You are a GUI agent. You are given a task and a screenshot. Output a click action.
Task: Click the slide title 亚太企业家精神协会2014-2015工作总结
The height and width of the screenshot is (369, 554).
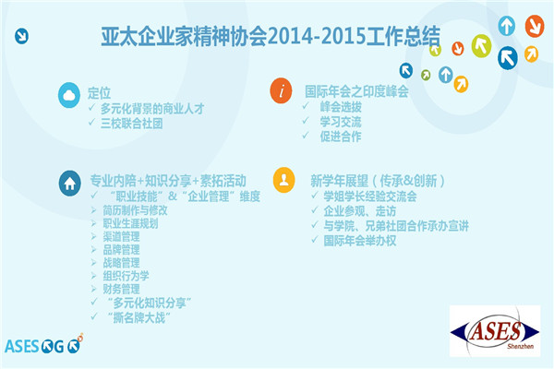[x=271, y=36]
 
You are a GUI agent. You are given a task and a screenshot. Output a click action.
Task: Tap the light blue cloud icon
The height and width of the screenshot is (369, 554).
[x=69, y=95]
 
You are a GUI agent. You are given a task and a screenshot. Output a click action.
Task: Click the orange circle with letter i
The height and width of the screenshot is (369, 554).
[x=282, y=90]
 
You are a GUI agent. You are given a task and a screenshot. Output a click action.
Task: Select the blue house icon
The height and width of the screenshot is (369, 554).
[x=70, y=184]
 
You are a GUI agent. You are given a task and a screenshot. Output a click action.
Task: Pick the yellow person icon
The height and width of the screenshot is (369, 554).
[x=284, y=180]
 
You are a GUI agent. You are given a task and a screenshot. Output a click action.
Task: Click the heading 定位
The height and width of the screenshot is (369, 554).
[x=100, y=93]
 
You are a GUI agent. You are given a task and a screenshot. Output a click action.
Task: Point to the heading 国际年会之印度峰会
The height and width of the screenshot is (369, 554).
[x=356, y=91]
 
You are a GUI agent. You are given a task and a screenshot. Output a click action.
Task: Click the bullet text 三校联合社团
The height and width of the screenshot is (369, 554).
[x=131, y=124]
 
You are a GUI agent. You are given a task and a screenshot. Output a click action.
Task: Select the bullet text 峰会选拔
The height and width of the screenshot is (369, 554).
[x=341, y=107]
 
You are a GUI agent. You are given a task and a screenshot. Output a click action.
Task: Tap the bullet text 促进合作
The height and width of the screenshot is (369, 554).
[x=341, y=137]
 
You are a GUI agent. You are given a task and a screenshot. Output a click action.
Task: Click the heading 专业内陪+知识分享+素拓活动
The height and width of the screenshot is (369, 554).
[x=168, y=181]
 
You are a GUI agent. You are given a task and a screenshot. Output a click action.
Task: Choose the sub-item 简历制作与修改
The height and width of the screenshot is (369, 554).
[x=135, y=210]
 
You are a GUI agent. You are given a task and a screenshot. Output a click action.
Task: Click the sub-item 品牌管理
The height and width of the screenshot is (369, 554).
[x=121, y=250]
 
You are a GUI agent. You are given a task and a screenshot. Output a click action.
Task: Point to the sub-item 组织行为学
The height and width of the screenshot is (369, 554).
[x=126, y=276]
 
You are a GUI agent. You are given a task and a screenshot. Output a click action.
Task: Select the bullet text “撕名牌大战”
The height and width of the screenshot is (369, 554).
[x=138, y=317]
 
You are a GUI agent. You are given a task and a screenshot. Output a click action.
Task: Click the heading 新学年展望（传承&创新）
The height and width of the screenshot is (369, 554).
[x=377, y=181]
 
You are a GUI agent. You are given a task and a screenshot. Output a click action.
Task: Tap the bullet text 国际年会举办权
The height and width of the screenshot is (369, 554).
[x=360, y=241]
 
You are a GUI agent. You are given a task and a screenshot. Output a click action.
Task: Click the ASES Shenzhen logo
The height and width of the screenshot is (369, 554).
[x=495, y=331]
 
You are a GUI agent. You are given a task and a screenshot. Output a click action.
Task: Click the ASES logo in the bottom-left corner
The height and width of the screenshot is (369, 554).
[x=43, y=345]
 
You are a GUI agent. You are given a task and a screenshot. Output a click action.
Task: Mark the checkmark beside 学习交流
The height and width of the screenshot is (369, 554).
[x=306, y=121]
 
